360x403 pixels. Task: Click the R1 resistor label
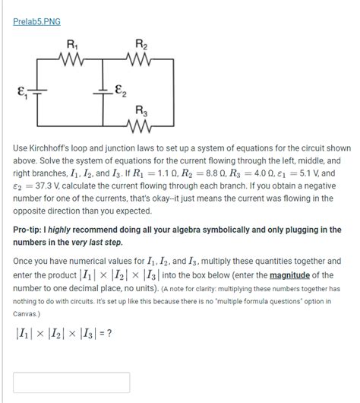click(x=71, y=43)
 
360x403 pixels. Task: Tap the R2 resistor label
click(x=140, y=43)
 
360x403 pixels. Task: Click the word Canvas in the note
click(x=27, y=313)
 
